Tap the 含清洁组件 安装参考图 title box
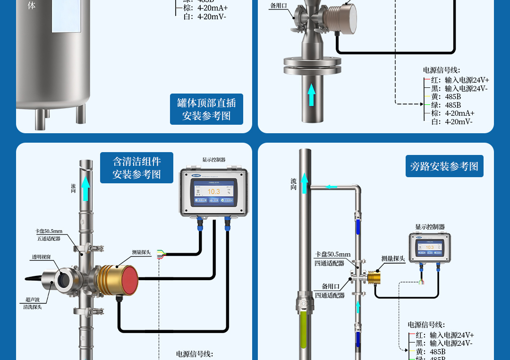[x=136, y=168]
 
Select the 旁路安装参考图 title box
[x=444, y=166]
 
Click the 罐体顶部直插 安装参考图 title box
[x=206, y=109]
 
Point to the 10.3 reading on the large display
[x=214, y=191]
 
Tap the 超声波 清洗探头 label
[x=33, y=303]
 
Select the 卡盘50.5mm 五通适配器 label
[x=49, y=235]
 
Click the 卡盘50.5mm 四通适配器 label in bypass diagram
[x=332, y=258]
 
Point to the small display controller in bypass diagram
[x=430, y=247]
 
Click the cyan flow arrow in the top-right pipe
[x=311, y=94]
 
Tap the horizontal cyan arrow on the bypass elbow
[x=331, y=187]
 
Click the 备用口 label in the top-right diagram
[x=278, y=6]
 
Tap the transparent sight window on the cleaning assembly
[x=62, y=280]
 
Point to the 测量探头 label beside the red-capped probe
[x=141, y=253]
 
